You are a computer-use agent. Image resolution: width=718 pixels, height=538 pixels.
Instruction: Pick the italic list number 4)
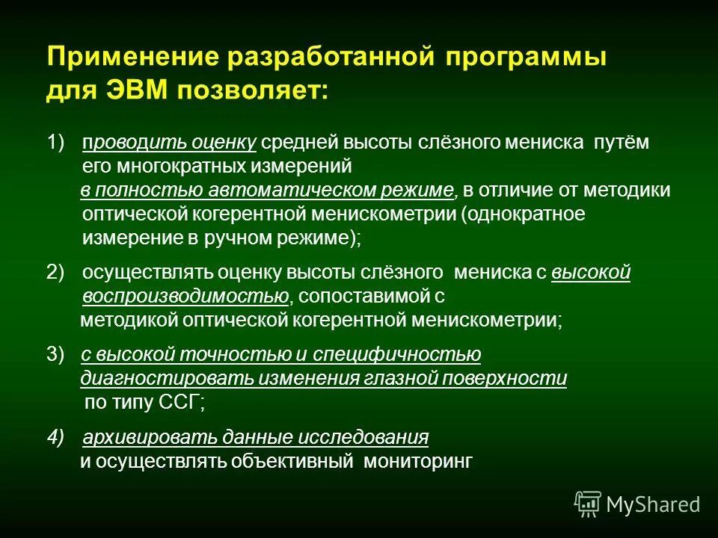coord(56,437)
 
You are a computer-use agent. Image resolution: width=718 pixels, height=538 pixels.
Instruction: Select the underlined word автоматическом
coord(298,191)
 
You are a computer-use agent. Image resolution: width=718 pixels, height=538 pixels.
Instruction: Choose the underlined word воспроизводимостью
coord(185,297)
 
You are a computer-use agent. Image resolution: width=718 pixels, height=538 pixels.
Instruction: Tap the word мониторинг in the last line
coord(418,462)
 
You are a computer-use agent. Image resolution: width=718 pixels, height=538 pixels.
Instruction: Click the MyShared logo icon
coord(587,504)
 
